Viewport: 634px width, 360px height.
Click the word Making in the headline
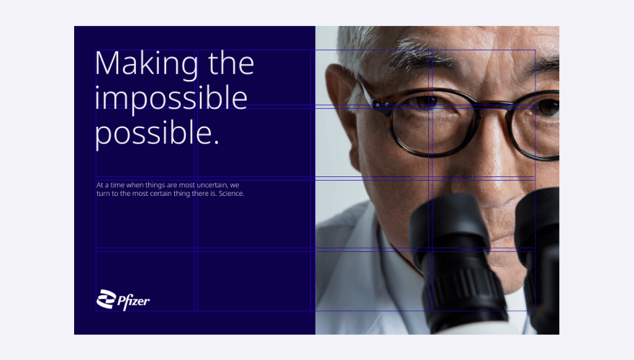pyautogui.click(x=147, y=64)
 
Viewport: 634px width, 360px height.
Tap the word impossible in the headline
pyautogui.click(x=171, y=99)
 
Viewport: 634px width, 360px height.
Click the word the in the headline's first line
pyautogui.click(x=231, y=63)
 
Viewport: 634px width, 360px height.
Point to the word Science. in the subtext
pyautogui.click(x=231, y=194)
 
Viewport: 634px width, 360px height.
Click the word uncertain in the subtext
pyautogui.click(x=212, y=185)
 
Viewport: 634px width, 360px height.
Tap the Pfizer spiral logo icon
pyautogui.click(x=107, y=300)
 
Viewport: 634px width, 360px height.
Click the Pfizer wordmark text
pyautogui.click(x=133, y=302)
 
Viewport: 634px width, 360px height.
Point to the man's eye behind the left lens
pyautogui.click(x=426, y=102)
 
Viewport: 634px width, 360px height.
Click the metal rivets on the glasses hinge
pyautogui.click(x=381, y=105)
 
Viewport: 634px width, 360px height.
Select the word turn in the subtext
pyautogui.click(x=102, y=194)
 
